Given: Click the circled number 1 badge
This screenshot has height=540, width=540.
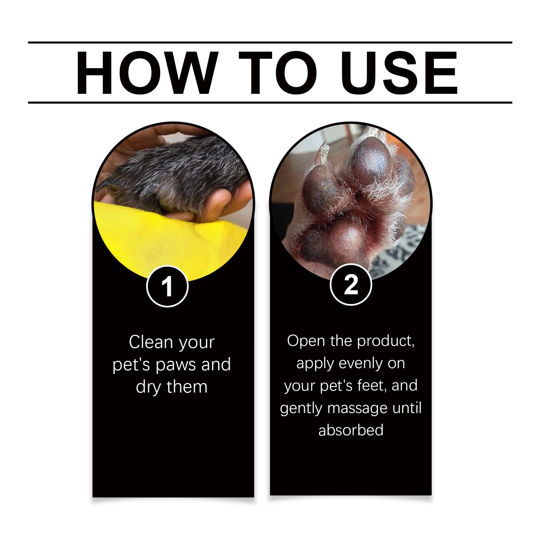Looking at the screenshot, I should coord(167,286).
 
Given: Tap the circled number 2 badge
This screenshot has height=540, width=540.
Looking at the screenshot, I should coord(351,285).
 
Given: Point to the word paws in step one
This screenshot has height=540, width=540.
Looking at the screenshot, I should coord(177,365).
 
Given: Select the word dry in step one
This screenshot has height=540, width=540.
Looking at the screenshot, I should coord(148,387).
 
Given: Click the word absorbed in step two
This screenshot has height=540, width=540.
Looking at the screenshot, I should coord(351,430).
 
